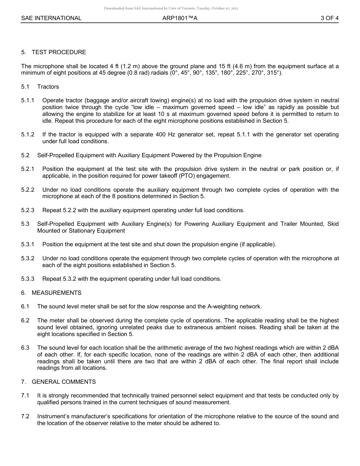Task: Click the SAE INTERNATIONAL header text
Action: point(51,18)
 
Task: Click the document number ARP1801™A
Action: point(180,18)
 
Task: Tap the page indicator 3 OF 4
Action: point(329,18)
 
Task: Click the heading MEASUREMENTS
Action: point(56,293)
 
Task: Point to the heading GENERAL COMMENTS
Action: point(64,382)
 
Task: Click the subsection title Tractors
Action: point(48,87)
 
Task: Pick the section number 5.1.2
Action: point(28,134)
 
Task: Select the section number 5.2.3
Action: point(28,210)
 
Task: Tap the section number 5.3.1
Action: point(28,244)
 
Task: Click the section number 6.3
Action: point(25,348)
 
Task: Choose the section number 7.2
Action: point(25,416)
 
